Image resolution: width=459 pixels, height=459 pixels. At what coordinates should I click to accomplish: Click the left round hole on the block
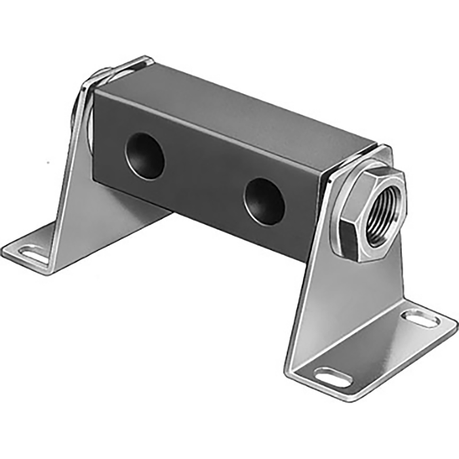[x=145, y=155]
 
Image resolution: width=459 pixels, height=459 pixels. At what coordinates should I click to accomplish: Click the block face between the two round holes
[x=203, y=177]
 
